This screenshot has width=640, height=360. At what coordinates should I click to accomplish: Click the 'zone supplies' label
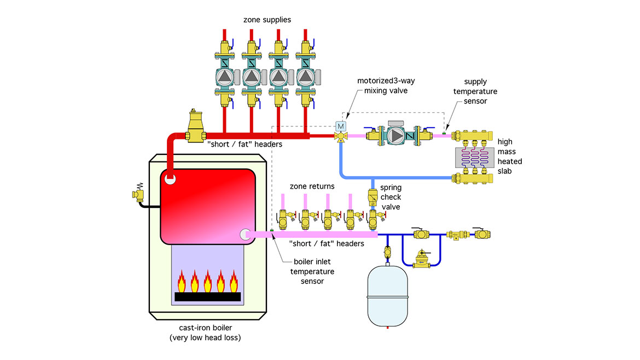(x=267, y=20)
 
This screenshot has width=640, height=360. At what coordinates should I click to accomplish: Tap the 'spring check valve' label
(x=391, y=197)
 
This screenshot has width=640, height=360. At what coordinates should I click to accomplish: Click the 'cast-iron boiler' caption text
(x=210, y=328)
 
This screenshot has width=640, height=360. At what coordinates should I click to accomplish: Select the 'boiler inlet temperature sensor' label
(x=312, y=271)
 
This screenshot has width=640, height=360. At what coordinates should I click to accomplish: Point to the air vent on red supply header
(x=195, y=125)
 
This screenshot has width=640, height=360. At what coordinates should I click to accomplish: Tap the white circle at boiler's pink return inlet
(x=245, y=234)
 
